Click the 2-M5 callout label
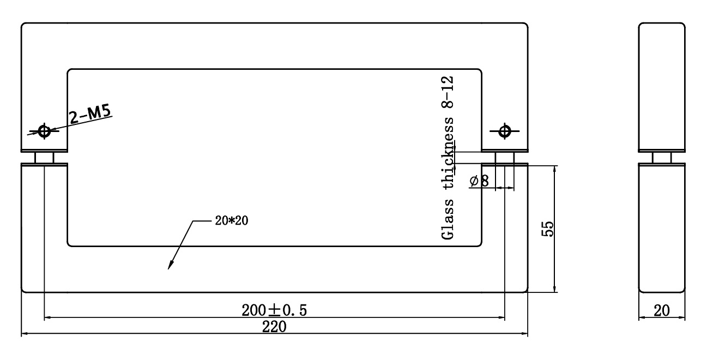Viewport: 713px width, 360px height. (90, 114)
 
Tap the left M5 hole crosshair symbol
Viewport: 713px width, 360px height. (44, 131)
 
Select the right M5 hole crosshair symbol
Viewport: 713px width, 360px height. (505, 131)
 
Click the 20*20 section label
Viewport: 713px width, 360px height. (232, 220)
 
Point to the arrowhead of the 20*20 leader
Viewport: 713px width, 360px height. (171, 265)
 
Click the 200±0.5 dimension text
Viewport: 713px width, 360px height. (274, 310)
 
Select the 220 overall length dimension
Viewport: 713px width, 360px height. (274, 327)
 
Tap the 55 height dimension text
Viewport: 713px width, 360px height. (547, 229)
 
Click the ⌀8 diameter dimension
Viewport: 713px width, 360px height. (479, 181)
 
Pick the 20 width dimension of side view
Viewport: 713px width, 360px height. (662, 310)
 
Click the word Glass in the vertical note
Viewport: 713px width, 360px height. (448, 219)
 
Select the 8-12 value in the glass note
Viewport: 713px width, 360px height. (448, 92)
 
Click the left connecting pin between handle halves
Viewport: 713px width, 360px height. (44, 158)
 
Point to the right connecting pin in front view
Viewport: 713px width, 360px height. (505, 158)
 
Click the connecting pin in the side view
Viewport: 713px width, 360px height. (662, 158)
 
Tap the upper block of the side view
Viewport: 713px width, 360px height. (662, 87)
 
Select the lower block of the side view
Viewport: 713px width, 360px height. (662, 228)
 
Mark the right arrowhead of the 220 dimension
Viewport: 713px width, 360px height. (524, 334)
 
